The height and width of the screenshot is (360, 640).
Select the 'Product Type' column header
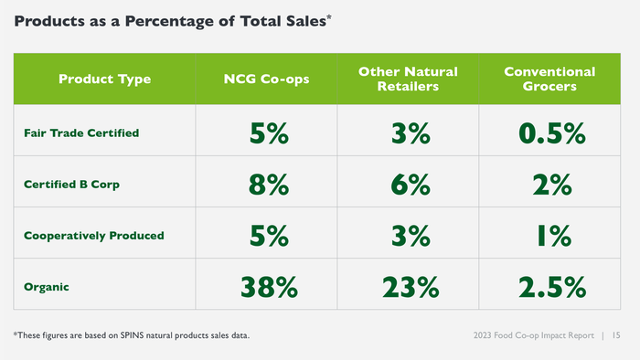tap(105, 79)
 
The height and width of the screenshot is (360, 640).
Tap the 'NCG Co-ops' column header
tap(267, 79)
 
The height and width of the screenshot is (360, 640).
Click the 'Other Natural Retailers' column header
tap(408, 79)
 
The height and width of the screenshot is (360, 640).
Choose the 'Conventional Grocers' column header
tap(549, 79)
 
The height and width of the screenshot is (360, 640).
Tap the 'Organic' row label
tap(47, 286)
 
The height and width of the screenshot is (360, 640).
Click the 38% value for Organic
tap(268, 287)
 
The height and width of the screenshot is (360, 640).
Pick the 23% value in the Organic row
tap(408, 287)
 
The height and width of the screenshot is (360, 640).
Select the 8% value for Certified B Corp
tap(268, 185)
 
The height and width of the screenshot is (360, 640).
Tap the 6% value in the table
tap(408, 185)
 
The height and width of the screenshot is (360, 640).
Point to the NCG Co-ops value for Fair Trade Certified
tap(268, 133)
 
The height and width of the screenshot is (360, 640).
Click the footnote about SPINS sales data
tap(132, 336)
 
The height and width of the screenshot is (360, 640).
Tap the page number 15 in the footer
tap(618, 336)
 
